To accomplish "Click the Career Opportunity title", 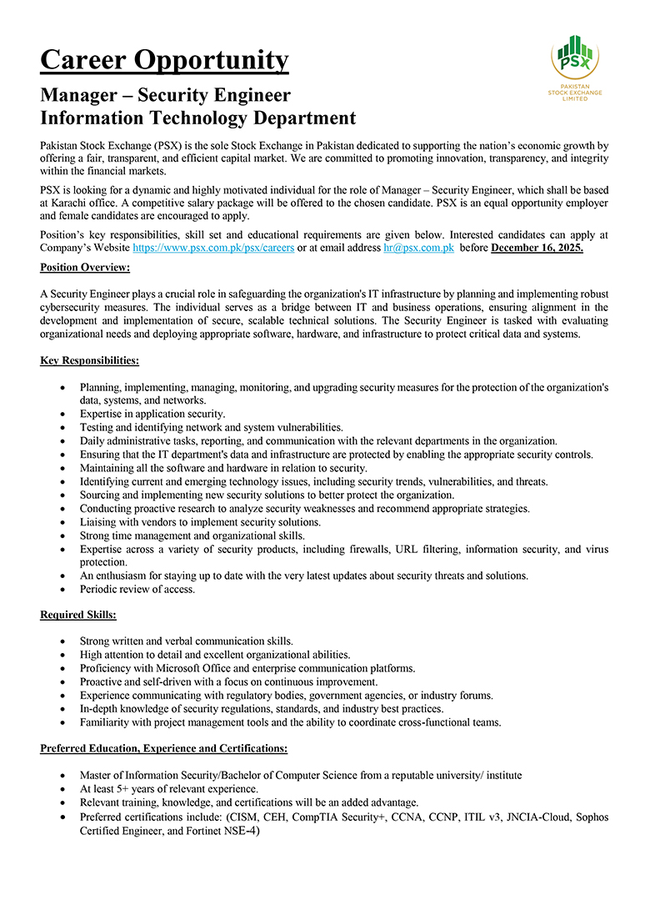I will tap(164, 60).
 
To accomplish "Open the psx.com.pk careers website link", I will tap(213, 248).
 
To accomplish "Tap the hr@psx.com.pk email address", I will tap(418, 248).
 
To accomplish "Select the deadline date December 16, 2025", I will tap(537, 248).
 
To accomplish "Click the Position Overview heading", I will tap(85, 267).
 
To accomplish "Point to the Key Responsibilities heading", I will tap(89, 360).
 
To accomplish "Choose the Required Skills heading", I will tap(78, 615).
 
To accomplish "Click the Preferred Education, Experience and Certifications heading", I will tap(163, 748).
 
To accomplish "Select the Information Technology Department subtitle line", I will tap(198, 118).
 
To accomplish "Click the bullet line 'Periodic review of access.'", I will tap(137, 589).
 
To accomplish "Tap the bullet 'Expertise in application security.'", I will tap(152, 414).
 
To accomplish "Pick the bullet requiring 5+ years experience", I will tap(169, 788).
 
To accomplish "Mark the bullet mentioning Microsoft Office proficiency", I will tap(247, 668).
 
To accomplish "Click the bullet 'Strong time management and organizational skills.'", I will tap(192, 535).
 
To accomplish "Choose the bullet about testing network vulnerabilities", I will tap(200, 427).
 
